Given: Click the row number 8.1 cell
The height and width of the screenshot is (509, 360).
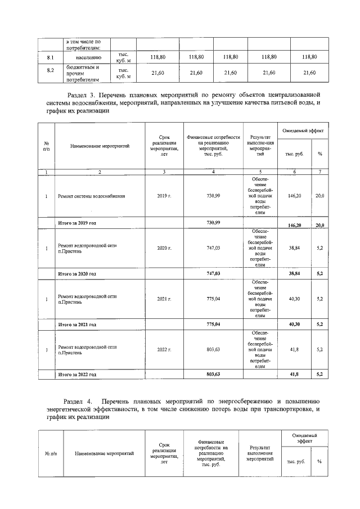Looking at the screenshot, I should click(x=49, y=57).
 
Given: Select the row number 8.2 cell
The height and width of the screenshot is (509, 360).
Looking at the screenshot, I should click(x=49, y=73).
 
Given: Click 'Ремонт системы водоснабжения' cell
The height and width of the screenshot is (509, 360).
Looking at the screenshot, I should click(x=92, y=196).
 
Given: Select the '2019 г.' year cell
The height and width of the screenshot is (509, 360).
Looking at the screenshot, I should click(x=164, y=196).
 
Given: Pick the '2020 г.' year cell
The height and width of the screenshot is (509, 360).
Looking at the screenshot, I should click(x=164, y=248).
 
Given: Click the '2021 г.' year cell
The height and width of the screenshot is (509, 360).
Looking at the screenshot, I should click(x=164, y=299).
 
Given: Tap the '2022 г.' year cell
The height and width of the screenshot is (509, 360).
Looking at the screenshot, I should click(x=164, y=349).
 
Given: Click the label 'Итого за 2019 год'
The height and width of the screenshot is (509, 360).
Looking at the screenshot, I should click(x=78, y=223).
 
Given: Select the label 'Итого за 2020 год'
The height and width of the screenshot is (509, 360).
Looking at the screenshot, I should click(x=78, y=273).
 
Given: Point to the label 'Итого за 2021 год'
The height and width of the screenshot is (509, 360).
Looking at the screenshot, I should click(x=78, y=325).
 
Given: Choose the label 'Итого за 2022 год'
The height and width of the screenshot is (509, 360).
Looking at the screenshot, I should click(x=78, y=374).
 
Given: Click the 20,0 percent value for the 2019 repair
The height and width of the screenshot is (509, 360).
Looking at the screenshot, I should click(x=319, y=196).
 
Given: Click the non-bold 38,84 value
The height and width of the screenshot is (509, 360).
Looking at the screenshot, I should click(x=291, y=248).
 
